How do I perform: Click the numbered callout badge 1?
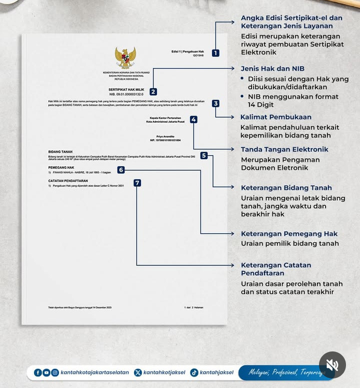[x=215, y=53]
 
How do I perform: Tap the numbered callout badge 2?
[x=153, y=92]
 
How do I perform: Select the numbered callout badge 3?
[x=215, y=104]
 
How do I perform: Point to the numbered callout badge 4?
[x=193, y=120]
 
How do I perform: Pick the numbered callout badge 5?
[x=203, y=156]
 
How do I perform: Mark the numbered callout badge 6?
[x=121, y=170]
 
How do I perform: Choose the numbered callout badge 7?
[x=137, y=183]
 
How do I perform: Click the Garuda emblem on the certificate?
[x=125, y=58]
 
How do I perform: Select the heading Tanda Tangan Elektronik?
[x=284, y=149]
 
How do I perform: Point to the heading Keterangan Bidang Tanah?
[x=286, y=188]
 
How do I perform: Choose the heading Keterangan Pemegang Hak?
[x=289, y=234]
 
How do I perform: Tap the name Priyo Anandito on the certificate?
[x=165, y=136]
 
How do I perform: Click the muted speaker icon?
[x=332, y=364]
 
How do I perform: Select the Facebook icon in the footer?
[x=38, y=372]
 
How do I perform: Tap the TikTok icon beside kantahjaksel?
[x=193, y=372]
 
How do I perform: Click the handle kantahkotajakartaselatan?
[x=94, y=372]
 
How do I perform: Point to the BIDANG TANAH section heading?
[x=61, y=151]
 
